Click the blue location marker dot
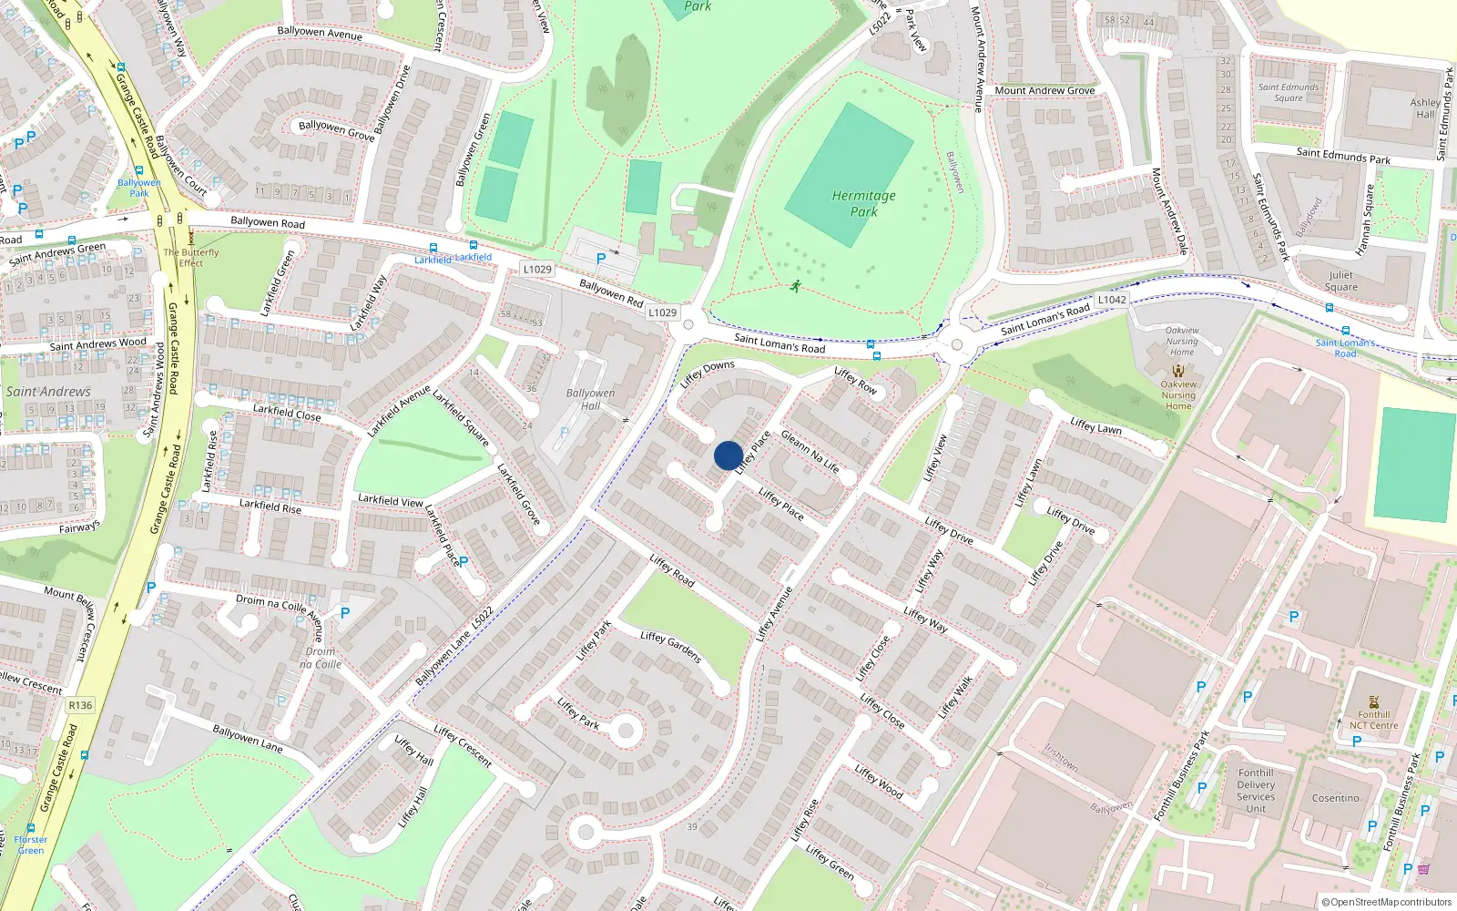[x=728, y=455]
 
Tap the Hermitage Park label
[x=863, y=203]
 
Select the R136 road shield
[x=80, y=705]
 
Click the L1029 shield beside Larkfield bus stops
[x=537, y=269]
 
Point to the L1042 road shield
[x=1112, y=300]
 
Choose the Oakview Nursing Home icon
[x=1178, y=371]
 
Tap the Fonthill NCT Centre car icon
[x=1373, y=701]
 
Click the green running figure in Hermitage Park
[x=796, y=286]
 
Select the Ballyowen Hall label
[x=590, y=399]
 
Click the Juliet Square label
[x=1340, y=281]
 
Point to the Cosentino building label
[x=1335, y=798]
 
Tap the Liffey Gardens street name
[x=670, y=647]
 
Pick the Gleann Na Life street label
[x=810, y=452]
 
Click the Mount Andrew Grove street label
[x=1044, y=90]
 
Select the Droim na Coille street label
[x=270, y=602]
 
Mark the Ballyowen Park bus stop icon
[x=138, y=170]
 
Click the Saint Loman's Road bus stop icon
[x=1345, y=332]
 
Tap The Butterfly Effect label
[x=191, y=258]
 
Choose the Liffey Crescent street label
[x=463, y=746]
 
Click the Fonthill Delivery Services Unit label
[x=1256, y=790]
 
